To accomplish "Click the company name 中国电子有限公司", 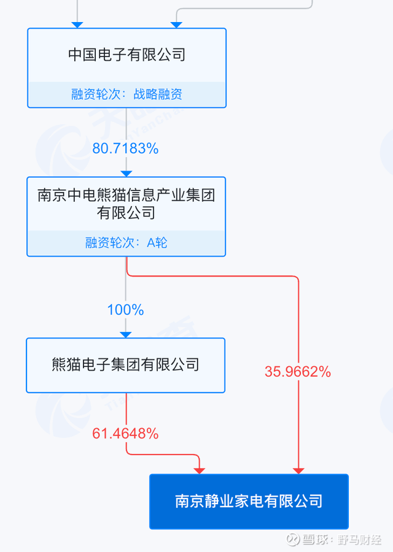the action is pos(127,55).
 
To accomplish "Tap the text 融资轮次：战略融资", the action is pos(127,94).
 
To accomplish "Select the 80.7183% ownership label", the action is pos(125,148).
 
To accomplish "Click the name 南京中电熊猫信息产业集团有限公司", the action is pos(126,204).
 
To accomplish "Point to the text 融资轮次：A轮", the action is pos(126,242).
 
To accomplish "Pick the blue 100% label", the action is pos(125,310).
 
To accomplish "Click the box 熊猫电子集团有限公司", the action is pos(125,366).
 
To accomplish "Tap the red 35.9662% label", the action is pos(298,372).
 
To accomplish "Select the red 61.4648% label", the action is pos(125,434).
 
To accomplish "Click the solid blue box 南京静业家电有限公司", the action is pos(249,501).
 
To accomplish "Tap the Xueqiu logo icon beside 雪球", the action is pos(294,539).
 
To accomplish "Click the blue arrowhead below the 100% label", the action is pos(125,335).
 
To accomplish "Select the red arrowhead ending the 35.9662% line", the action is pos(298,471).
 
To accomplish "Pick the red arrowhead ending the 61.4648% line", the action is pos(200,471).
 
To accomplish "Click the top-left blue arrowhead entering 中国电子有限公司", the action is pos(77,25).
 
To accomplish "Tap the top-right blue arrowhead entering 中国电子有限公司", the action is pos(176,25).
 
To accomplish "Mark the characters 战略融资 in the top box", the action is pos(158,94).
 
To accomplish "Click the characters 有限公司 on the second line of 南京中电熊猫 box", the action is pos(126,213).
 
